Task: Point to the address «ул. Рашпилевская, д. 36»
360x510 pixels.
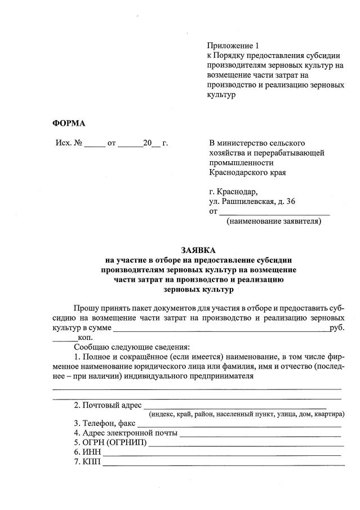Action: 251,201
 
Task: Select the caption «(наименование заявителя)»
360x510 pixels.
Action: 274,221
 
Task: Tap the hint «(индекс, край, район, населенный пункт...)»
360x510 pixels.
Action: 247,415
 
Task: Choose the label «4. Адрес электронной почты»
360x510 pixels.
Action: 126,433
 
